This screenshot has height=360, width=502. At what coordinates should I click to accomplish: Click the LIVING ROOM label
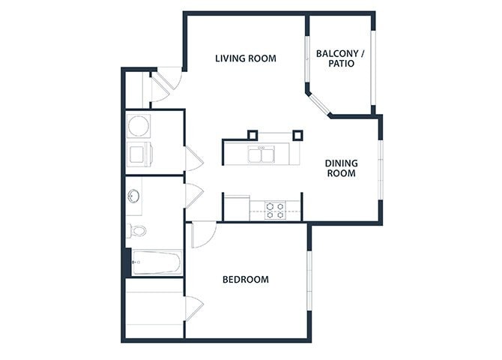[245, 58]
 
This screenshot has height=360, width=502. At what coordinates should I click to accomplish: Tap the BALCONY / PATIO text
[340, 58]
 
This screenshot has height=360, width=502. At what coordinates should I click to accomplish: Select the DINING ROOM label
[340, 168]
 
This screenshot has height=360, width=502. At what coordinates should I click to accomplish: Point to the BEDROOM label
[245, 280]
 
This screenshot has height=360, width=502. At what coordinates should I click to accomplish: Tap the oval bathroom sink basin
[133, 196]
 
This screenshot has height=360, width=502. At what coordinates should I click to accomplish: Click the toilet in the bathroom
[135, 230]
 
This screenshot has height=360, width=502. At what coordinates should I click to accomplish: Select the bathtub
[154, 262]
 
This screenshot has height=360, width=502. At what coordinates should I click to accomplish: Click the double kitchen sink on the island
[261, 155]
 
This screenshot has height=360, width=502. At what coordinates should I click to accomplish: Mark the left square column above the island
[253, 135]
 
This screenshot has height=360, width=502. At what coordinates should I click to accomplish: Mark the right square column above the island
[297, 135]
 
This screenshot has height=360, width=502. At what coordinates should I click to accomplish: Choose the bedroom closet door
[194, 307]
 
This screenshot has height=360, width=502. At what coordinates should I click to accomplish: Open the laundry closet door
[193, 158]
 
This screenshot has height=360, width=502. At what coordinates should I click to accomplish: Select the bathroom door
[193, 196]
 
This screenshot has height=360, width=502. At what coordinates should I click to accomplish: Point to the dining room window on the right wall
[380, 169]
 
